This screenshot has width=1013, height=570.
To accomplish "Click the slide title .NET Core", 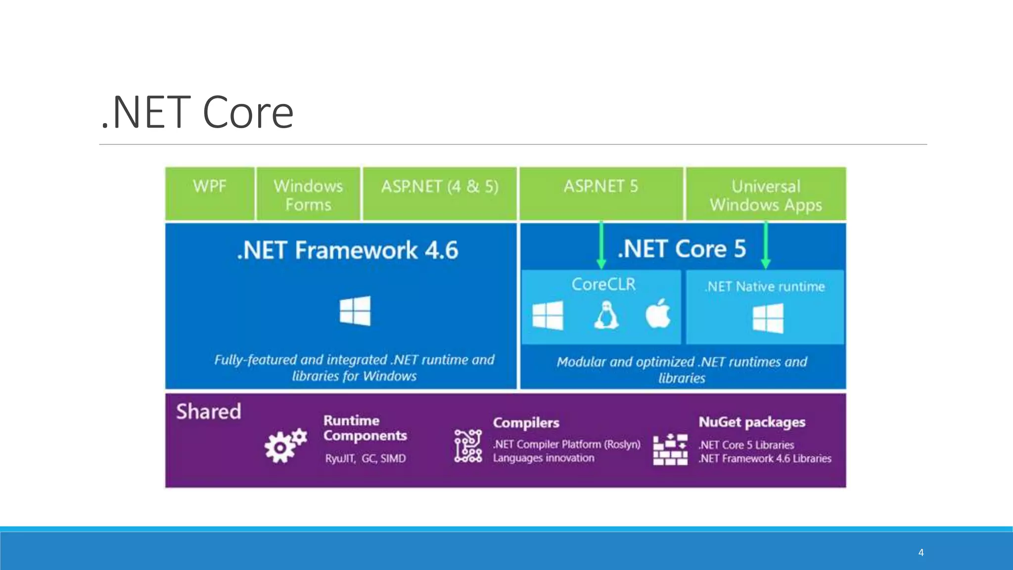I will click(197, 112).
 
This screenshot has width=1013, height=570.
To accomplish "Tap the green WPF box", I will click(210, 193).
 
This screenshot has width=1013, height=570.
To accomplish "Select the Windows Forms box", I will click(308, 194).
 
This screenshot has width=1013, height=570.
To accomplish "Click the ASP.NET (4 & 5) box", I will click(439, 193).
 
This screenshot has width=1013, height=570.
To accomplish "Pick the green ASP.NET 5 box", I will click(600, 193).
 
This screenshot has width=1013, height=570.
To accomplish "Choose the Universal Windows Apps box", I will click(766, 194).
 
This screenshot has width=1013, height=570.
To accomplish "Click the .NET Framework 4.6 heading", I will click(347, 250).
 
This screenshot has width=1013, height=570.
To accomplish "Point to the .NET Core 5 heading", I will click(682, 248).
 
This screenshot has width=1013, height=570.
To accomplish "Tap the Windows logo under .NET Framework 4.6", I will click(355, 311).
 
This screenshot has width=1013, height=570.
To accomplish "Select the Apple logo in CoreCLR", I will click(658, 314).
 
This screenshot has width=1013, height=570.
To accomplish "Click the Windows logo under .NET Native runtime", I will click(768, 318).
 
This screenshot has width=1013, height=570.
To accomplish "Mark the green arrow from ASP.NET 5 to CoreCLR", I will click(601, 245).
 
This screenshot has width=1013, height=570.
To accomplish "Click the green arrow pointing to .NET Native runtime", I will click(766, 245).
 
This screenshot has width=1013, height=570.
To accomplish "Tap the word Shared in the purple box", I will click(209, 412).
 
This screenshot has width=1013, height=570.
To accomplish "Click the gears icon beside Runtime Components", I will click(285, 445).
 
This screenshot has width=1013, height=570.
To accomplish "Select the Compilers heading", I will click(526, 423).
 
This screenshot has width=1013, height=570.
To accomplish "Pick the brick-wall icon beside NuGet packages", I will click(670, 450).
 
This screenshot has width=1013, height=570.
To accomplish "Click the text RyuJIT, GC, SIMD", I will click(366, 459).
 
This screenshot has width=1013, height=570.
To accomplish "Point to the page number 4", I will click(921, 552).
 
